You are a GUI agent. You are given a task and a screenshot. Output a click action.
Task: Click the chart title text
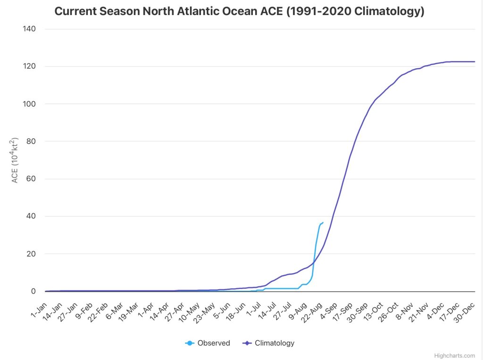click(x=239, y=11)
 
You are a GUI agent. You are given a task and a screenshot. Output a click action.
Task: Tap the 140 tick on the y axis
click(x=30, y=29)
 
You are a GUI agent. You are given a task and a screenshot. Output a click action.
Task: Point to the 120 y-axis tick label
click(x=30, y=66)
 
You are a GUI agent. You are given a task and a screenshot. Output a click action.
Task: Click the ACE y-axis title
click(x=15, y=160)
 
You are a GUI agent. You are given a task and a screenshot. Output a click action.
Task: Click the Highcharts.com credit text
click(x=455, y=356)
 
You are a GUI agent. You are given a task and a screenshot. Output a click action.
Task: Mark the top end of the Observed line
click(x=323, y=222)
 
